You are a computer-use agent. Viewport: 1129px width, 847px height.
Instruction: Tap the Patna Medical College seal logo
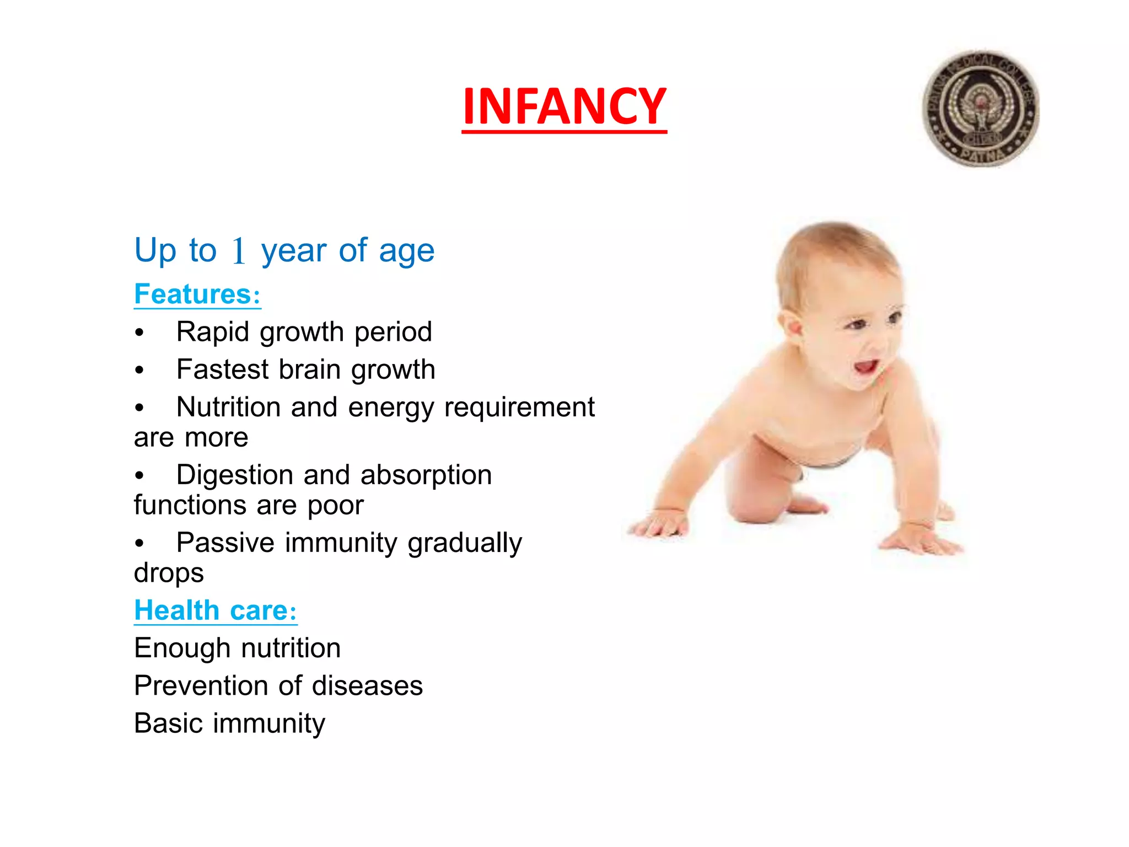(x=981, y=109)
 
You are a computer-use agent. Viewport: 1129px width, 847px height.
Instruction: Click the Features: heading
(x=197, y=294)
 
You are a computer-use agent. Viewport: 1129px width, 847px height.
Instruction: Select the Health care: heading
(x=216, y=610)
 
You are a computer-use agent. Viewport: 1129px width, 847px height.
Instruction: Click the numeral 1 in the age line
(x=238, y=251)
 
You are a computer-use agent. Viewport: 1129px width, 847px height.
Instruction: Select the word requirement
(x=519, y=408)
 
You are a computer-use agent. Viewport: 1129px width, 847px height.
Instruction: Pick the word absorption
(x=426, y=475)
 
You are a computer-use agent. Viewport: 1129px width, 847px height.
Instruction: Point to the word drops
(x=169, y=573)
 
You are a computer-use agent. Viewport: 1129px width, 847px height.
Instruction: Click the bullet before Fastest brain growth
(x=139, y=370)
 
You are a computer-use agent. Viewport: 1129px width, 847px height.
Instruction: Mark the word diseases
(x=367, y=686)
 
